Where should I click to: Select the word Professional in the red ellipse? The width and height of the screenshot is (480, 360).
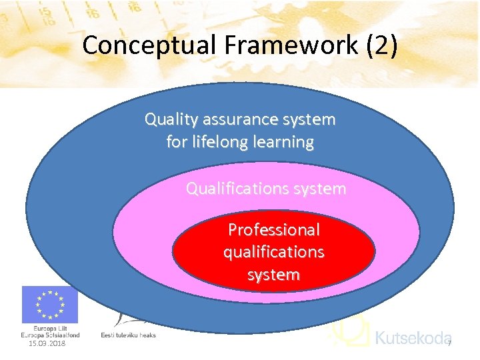pos(273,230)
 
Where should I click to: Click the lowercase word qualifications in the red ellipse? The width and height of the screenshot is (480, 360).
pos(273,252)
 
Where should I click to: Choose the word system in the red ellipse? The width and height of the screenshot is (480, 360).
pos(273,274)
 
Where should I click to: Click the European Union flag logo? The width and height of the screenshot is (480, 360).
pos(50,305)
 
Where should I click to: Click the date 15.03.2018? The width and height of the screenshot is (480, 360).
pos(47,343)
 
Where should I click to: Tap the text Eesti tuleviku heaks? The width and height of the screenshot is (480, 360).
pos(128,335)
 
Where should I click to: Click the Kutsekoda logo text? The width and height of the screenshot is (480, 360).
pos(413,338)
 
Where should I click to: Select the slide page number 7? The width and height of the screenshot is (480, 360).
pos(449,343)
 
